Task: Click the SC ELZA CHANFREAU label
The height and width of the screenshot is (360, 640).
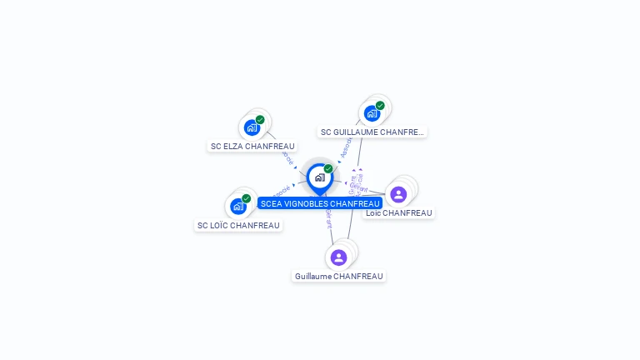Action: click(252, 146)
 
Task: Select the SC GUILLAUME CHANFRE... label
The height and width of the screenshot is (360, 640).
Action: click(372, 132)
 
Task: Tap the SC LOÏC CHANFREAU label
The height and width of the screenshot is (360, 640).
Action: click(238, 225)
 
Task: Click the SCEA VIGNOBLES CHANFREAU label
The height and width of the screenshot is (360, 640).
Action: click(320, 203)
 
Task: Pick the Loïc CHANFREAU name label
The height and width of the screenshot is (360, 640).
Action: click(399, 212)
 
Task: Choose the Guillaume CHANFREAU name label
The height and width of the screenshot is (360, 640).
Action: click(339, 276)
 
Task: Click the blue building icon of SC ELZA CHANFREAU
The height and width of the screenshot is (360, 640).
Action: click(251, 127)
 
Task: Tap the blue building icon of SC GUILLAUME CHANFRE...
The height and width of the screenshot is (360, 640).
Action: click(371, 112)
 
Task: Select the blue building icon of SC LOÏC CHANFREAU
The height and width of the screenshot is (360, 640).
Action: click(238, 206)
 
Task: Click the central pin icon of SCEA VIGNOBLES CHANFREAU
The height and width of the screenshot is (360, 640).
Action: click(319, 177)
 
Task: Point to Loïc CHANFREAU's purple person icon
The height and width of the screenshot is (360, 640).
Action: click(398, 194)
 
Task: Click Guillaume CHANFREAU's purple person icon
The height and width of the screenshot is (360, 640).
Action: click(338, 257)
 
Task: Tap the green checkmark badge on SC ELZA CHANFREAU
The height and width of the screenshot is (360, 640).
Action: click(260, 120)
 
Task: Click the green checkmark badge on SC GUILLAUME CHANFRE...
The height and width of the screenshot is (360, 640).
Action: click(380, 106)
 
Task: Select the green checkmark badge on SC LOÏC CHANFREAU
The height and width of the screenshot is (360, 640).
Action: click(247, 198)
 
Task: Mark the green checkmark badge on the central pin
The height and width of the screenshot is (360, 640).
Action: click(328, 168)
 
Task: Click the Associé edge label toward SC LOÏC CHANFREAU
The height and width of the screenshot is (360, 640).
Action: click(281, 191)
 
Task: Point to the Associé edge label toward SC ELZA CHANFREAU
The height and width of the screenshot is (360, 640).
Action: click(288, 155)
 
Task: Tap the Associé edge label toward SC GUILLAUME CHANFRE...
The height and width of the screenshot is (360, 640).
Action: click(345, 147)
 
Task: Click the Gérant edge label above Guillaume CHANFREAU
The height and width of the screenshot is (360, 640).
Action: click(328, 216)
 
